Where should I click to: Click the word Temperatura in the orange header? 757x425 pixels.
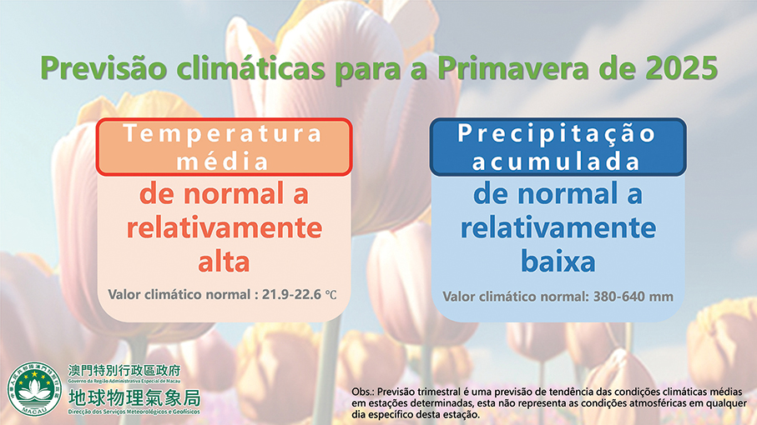pos(223,134)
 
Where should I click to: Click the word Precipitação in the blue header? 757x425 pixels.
pos(557,133)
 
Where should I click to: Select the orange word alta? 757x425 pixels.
pos(223,262)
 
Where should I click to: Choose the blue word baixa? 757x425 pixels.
pos(558,262)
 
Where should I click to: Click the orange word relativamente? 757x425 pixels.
pos(223,228)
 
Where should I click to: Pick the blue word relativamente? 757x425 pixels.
pos(558,228)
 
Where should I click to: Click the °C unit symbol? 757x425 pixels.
pos(331,294)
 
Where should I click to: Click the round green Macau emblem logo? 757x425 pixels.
pos(33,389)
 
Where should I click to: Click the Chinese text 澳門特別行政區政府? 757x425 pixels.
pos(124,370)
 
